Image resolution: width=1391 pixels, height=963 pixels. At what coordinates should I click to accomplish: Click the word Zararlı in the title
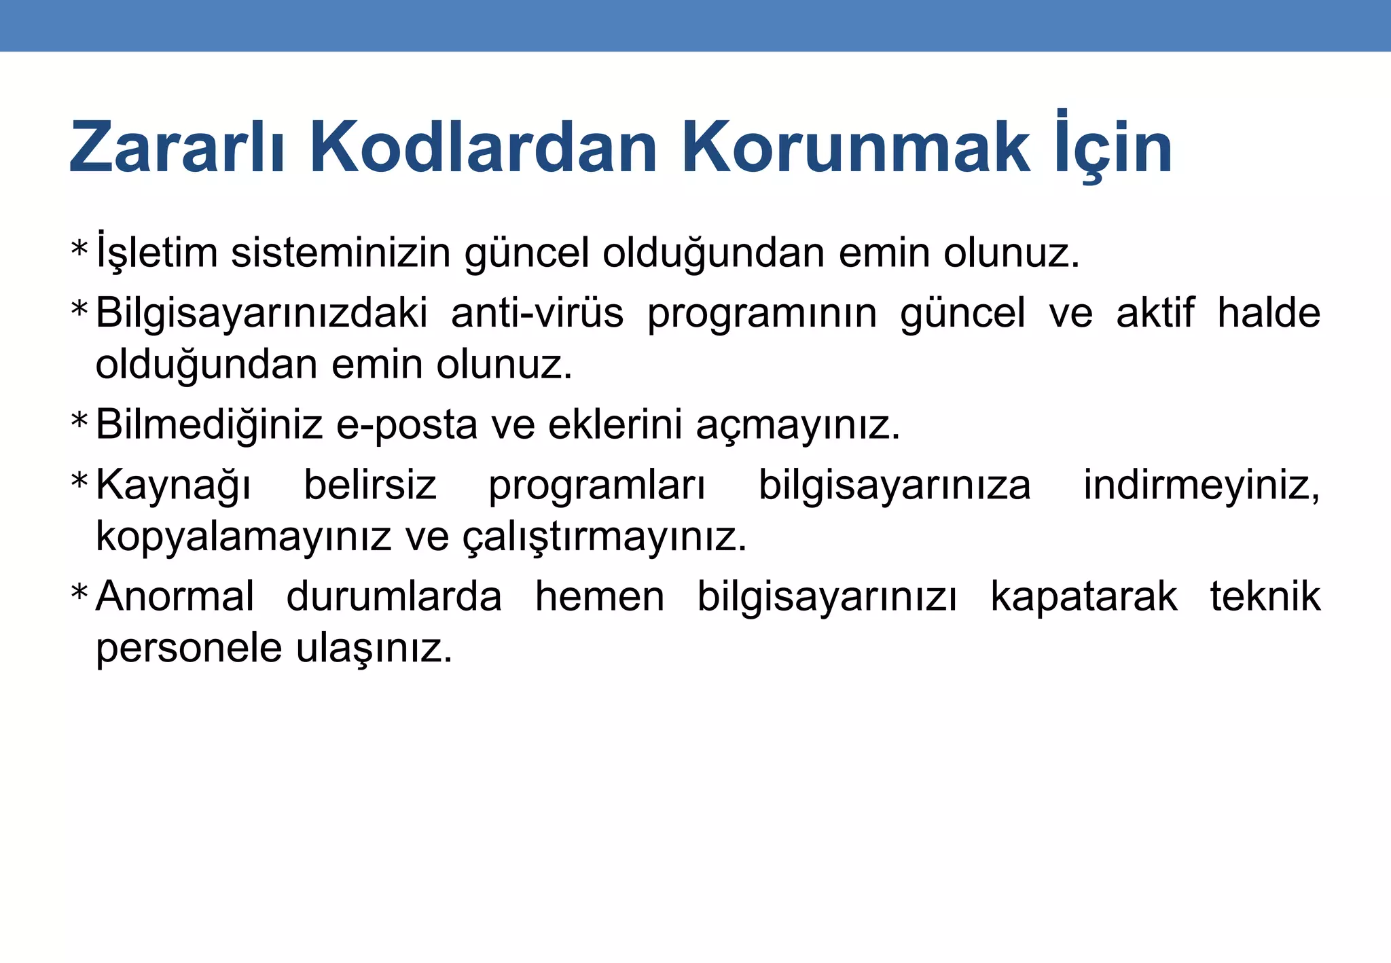176,147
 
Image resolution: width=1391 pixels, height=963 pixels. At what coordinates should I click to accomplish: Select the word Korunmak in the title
855,147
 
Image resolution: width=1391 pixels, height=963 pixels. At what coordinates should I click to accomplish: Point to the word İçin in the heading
1115,147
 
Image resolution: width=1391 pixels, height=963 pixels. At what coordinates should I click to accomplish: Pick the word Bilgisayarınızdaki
261,314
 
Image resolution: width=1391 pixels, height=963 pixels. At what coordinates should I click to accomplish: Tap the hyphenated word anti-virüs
537,314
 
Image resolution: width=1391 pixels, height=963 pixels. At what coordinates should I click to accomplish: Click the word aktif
1155,314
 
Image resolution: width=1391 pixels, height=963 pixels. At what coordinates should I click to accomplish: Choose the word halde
1268,314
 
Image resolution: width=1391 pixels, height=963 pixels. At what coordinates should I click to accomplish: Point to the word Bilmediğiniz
209,425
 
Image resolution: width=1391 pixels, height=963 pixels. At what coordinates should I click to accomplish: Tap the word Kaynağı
173,486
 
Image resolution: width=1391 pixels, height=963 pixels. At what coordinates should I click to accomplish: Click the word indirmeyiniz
1201,486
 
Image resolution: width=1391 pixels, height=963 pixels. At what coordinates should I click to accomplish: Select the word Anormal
175,597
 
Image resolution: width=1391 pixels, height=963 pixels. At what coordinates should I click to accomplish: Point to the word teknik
1265,597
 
